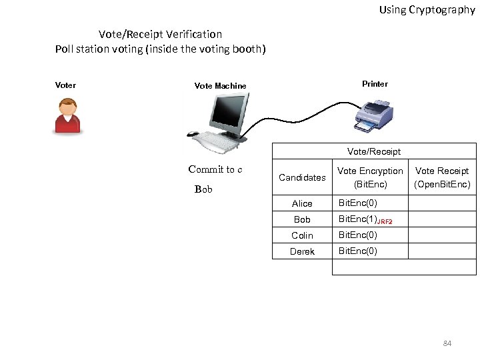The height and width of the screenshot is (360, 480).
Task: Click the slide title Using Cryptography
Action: click(x=427, y=10)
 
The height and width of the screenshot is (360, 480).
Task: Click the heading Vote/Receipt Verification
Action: click(x=160, y=34)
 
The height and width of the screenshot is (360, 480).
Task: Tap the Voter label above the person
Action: click(x=65, y=85)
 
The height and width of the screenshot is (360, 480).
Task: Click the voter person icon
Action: click(x=67, y=116)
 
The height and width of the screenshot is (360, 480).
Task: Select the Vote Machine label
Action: click(x=220, y=86)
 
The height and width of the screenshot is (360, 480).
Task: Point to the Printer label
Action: click(x=375, y=84)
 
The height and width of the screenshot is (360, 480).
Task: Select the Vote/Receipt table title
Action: click(x=374, y=151)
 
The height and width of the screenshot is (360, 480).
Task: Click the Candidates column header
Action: click(x=302, y=177)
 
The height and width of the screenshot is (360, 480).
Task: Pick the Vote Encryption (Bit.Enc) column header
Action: click(x=370, y=177)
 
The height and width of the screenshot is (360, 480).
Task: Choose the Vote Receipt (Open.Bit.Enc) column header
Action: click(x=442, y=177)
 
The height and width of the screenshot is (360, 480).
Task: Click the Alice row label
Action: click(x=302, y=203)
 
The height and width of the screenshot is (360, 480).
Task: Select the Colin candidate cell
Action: click(x=302, y=235)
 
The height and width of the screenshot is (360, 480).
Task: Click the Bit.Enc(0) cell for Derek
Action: click(x=358, y=251)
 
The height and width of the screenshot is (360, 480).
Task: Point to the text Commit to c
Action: click(x=215, y=169)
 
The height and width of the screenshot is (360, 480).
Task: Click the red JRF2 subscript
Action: click(x=385, y=221)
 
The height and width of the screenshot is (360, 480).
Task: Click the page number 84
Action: click(x=447, y=343)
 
